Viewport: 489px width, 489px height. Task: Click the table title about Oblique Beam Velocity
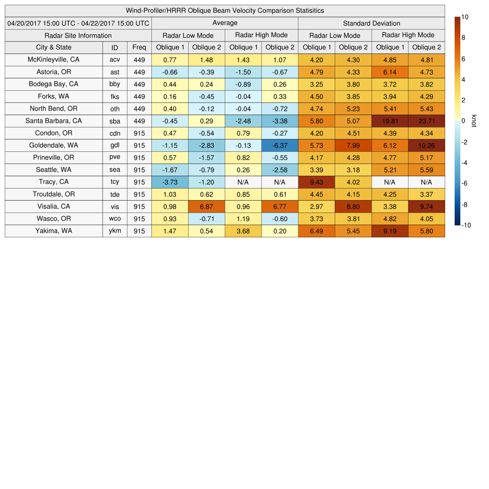coord(224,11)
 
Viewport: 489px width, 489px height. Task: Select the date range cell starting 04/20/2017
coord(78,23)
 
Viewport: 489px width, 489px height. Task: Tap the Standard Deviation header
coord(372,23)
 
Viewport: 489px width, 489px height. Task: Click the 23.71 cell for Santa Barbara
coord(426,121)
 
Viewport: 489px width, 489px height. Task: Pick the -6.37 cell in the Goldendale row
coord(280,145)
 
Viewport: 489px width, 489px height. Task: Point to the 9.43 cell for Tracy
coord(316,182)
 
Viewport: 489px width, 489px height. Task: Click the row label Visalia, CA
coord(53,206)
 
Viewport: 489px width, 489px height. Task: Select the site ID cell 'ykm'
coord(115,231)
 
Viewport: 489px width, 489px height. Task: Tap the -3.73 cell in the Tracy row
coord(170,182)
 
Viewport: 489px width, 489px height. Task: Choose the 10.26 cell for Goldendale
coord(426,145)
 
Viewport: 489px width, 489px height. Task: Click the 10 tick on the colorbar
coord(465,17)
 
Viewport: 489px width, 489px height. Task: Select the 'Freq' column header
coord(139,47)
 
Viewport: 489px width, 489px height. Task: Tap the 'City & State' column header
coord(53,47)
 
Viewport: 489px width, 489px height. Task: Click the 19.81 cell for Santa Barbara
coord(390,121)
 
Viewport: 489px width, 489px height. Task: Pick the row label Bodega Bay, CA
coord(53,84)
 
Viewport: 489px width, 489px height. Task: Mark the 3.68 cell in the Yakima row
coord(243,231)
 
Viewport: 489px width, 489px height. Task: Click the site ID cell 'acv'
coord(115,60)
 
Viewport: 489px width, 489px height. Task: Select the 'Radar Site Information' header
coord(78,35)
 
